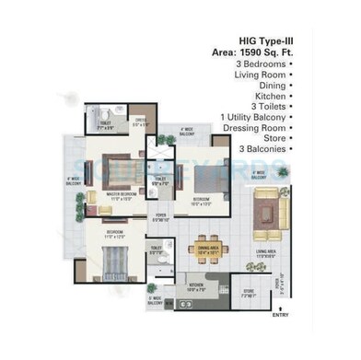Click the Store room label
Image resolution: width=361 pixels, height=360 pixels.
coord(249,293)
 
